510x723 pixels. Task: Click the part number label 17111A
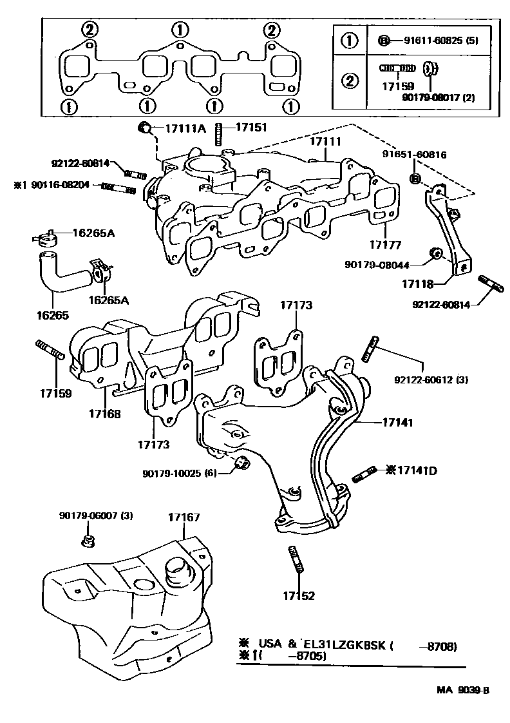click(x=185, y=128)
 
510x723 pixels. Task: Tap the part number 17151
click(x=250, y=128)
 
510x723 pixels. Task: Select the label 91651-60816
click(x=415, y=155)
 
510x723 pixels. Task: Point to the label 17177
click(x=385, y=245)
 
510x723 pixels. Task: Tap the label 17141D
click(x=415, y=470)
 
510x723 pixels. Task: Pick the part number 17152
click(x=298, y=596)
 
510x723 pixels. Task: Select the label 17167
click(x=184, y=517)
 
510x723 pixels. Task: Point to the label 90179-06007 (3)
click(x=96, y=516)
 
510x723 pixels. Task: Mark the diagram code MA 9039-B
click(x=463, y=690)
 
